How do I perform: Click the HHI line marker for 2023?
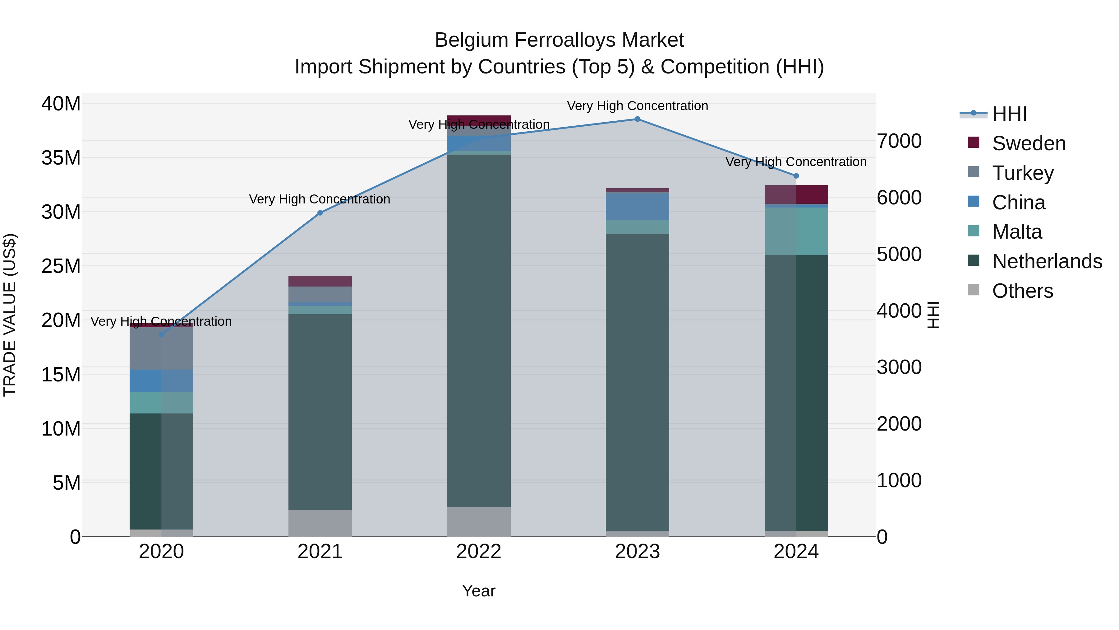(637, 119)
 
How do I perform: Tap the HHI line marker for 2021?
(320, 213)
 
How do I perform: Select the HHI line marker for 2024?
(796, 176)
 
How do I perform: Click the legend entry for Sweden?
(1029, 143)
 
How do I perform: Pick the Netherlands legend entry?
(1047, 261)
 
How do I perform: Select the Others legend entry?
(1023, 291)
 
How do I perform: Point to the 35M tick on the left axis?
(61, 158)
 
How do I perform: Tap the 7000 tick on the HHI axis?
(899, 141)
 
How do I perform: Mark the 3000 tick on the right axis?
(899, 367)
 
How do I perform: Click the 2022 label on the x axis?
(479, 552)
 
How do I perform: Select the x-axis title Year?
(479, 591)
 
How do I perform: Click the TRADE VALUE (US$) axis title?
(10, 315)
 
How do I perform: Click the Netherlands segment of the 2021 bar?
(320, 412)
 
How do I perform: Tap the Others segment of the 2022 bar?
(479, 522)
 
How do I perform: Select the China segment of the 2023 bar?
(637, 207)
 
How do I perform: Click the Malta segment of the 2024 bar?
(796, 231)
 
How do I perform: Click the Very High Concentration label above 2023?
(637, 106)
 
